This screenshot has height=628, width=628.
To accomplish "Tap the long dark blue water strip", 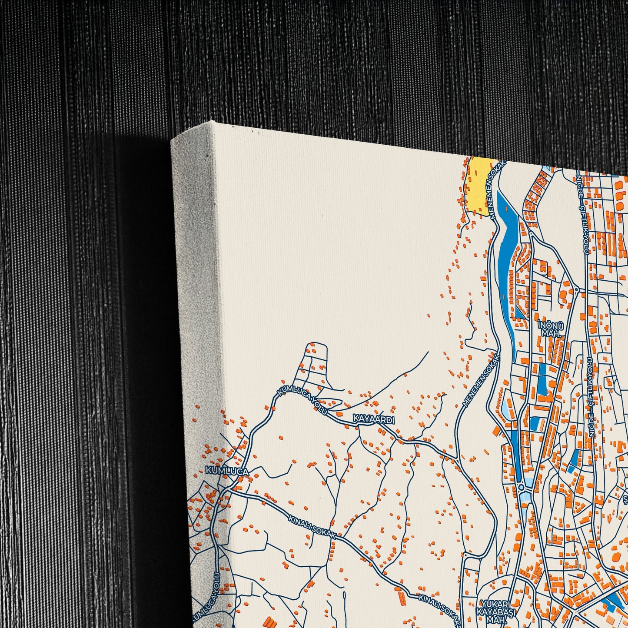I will pyautogui.click(x=507, y=261).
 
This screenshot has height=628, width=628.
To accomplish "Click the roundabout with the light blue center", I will pyautogui.click(x=521, y=488).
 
